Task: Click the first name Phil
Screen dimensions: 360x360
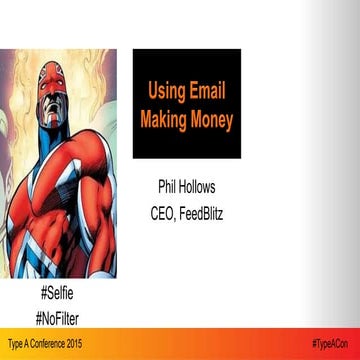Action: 169,187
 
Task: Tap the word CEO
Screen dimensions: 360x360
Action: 160,211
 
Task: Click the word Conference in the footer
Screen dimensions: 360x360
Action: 51,344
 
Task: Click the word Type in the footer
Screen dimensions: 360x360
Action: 14,344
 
